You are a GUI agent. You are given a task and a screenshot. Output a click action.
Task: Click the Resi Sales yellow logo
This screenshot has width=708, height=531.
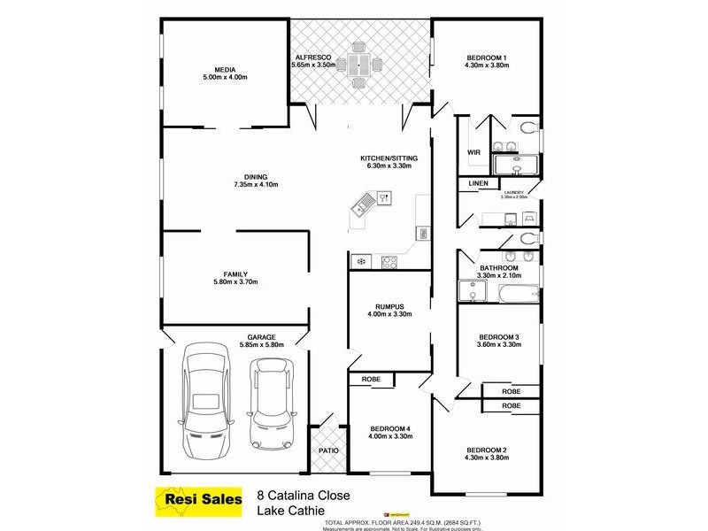(x=199, y=500)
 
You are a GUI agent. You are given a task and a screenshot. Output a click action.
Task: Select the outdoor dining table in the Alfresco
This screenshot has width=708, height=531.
(x=359, y=65)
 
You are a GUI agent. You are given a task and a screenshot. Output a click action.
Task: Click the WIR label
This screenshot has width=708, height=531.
(x=473, y=152)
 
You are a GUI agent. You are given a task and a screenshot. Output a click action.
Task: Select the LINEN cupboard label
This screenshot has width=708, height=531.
(x=478, y=184)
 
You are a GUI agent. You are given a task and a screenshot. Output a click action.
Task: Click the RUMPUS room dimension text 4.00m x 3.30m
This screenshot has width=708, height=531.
(x=389, y=316)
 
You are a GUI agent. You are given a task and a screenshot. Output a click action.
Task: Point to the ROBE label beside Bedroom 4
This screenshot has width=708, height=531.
(x=371, y=379)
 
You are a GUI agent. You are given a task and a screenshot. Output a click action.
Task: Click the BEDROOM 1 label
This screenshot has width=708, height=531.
(x=487, y=58)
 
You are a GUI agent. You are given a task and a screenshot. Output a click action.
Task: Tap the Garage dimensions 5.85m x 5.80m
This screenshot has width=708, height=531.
(x=261, y=345)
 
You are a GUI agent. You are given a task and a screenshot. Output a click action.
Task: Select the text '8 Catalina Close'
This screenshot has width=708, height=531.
(x=298, y=497)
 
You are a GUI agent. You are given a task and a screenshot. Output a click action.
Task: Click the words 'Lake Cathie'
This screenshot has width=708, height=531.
(x=288, y=512)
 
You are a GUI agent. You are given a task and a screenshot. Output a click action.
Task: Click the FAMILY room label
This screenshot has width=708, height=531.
(x=235, y=274)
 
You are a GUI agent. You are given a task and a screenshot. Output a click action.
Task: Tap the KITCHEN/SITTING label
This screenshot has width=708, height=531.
(x=389, y=158)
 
